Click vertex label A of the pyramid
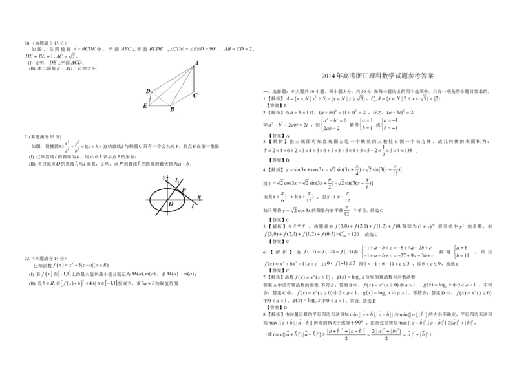[196, 63]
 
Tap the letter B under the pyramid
[171, 110]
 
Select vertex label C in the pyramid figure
[195, 96]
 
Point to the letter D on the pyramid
[148, 92]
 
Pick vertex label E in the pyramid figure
[145, 105]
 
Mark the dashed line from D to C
[171, 92]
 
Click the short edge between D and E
[151, 98]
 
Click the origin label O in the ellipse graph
[171, 205]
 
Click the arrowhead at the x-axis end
[202, 200]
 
